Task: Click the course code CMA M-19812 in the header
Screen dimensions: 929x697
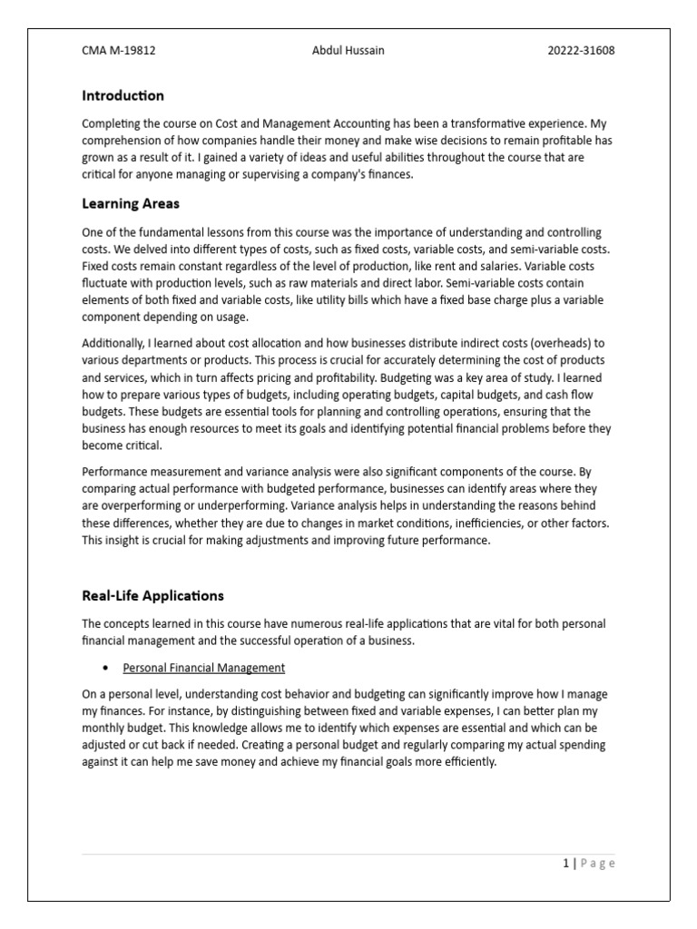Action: pos(119,51)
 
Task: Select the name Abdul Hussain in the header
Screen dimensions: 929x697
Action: pos(348,51)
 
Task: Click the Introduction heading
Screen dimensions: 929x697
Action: pos(123,95)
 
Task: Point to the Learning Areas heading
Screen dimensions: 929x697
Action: pos(131,203)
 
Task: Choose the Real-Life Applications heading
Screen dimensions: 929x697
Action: pos(152,596)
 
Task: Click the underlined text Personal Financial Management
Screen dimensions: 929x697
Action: pos(203,668)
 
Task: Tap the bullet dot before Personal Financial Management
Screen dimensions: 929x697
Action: pos(106,669)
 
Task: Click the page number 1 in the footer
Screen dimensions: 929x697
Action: pos(564,864)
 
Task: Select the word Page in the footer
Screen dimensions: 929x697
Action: pos(596,864)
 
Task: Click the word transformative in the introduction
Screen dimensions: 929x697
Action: pos(478,123)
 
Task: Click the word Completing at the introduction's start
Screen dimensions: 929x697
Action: pos(112,123)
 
